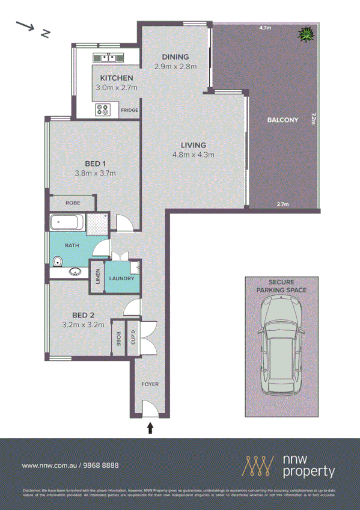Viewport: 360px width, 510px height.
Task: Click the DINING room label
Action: click(x=175, y=58)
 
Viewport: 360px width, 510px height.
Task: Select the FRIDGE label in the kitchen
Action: click(x=130, y=111)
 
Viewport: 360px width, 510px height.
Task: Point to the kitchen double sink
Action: click(x=108, y=58)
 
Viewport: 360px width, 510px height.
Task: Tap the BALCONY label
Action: click(x=282, y=120)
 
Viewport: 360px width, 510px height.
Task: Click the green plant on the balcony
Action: click(x=307, y=34)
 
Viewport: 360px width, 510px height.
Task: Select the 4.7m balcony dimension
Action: click(x=265, y=28)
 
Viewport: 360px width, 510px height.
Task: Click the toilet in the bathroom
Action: click(x=57, y=260)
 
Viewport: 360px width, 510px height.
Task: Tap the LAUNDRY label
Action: click(x=122, y=278)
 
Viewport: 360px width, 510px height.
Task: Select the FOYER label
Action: click(x=150, y=383)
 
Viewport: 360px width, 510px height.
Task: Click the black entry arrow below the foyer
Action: click(x=150, y=428)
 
